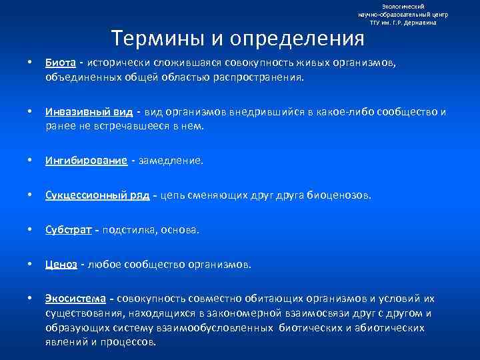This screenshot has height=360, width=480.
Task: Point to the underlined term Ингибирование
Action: coord(86,161)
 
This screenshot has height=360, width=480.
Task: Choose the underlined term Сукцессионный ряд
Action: coord(97,195)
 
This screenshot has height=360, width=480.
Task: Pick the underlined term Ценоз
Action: coord(61,265)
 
